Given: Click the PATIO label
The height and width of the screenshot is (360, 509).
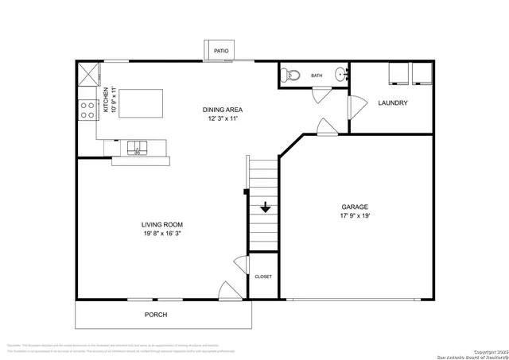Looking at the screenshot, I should click(x=222, y=52).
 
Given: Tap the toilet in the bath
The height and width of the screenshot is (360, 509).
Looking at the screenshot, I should click(x=291, y=75).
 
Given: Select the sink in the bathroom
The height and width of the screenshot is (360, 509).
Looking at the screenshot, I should click(x=342, y=75).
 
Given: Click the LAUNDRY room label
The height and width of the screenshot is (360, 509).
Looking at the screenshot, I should click(x=393, y=103).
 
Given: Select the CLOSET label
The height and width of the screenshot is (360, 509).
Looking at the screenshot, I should click(x=263, y=277).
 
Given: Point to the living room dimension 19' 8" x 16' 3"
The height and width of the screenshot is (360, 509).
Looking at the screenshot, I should click(x=163, y=234).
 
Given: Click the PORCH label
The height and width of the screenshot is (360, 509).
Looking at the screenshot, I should click(x=156, y=315).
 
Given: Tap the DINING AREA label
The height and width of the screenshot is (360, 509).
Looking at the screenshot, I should click(x=223, y=110).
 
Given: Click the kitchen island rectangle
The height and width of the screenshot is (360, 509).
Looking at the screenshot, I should click(x=142, y=103).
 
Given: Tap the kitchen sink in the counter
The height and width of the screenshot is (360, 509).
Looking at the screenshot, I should click(x=138, y=147).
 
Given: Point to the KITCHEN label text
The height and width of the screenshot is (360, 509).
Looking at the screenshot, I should click(x=105, y=101).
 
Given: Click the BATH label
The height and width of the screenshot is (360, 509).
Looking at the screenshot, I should click(x=317, y=76).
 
